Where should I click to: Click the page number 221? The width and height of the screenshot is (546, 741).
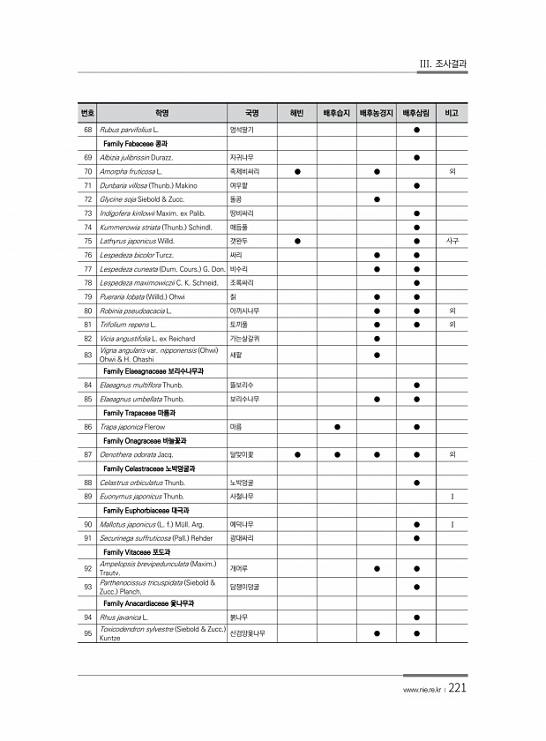457,690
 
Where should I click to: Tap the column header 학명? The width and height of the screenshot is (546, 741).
161,113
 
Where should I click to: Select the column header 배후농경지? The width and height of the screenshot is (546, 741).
376,113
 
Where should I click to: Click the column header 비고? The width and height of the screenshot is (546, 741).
452,113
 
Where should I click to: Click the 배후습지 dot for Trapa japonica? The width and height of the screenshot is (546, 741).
337,427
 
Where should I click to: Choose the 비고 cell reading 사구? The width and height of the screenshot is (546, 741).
452,240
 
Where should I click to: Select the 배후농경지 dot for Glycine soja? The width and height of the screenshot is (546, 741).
377,198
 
